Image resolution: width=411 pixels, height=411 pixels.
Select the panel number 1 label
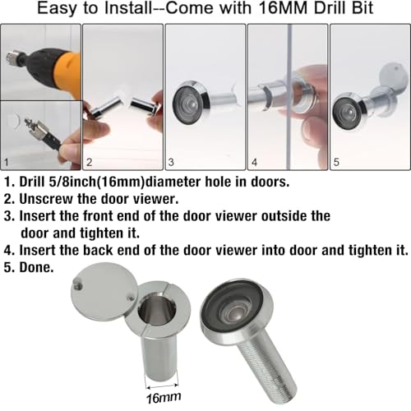[7, 164]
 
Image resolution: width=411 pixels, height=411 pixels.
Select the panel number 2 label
[90, 164]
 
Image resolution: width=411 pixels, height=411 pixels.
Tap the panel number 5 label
[336, 164]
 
